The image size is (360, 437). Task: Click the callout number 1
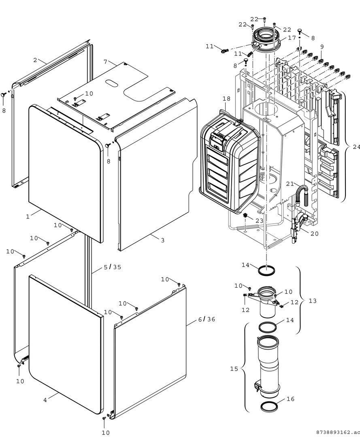(28, 216)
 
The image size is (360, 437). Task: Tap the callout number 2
(35, 60)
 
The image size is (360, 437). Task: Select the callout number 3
(162, 240)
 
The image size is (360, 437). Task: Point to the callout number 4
(45, 400)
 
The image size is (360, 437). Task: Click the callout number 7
(105, 62)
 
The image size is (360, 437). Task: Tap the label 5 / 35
(112, 267)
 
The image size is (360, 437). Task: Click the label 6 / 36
(207, 319)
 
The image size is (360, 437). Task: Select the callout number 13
(312, 301)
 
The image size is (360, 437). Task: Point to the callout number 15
(234, 369)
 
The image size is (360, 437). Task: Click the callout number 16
(290, 399)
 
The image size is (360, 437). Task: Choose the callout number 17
(292, 38)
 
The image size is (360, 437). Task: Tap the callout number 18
(226, 98)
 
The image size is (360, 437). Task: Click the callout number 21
(290, 184)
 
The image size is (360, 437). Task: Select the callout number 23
(259, 221)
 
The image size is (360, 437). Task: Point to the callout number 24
(356, 146)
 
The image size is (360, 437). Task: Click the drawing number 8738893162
(339, 432)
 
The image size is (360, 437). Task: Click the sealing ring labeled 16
(269, 407)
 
